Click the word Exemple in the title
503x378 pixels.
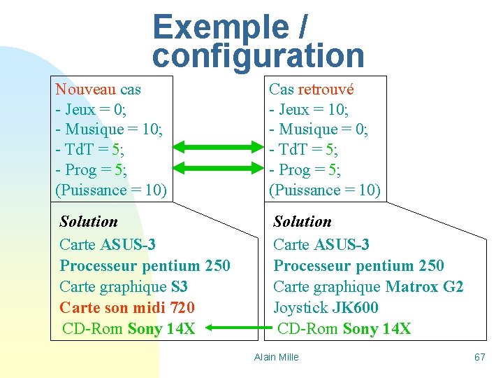tap(221, 27)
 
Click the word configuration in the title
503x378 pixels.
tap(258, 56)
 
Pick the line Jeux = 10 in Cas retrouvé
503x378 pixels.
tap(309, 110)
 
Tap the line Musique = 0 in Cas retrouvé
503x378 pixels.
tap(319, 129)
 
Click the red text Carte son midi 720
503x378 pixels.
tap(127, 307)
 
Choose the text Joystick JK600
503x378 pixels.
tap(326, 307)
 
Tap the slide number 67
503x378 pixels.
tap(479, 357)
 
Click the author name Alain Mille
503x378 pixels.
tap(276, 357)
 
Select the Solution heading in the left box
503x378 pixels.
tap(89, 222)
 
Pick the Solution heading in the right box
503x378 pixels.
tap(302, 222)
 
